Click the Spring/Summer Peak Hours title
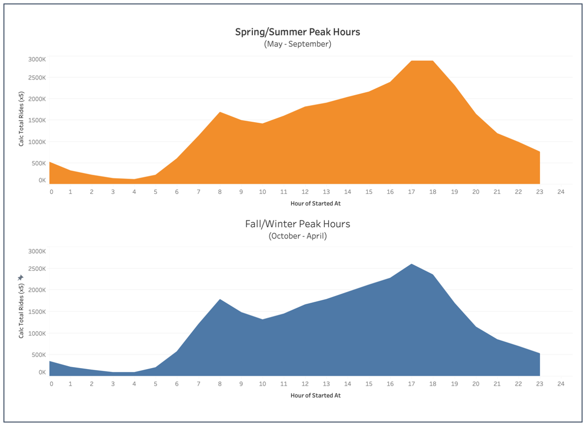pos(297,32)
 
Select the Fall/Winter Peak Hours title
pos(297,224)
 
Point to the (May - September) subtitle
pos(297,44)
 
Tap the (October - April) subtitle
pos(297,236)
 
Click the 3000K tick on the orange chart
pos(37,59)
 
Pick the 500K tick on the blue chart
pos(38,355)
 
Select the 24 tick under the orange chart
pos(561,192)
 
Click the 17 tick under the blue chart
pos(411,384)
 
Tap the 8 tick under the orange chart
pos(220,192)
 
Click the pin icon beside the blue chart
pos(21,278)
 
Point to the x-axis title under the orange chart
pos(315,203)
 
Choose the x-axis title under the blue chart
pos(315,395)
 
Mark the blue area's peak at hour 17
pos(411,265)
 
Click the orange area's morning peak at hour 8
pos(220,113)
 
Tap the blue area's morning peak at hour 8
pos(220,300)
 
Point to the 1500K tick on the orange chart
pos(37,120)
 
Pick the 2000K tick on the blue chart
pos(37,290)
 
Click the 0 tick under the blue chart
pos(52,384)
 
